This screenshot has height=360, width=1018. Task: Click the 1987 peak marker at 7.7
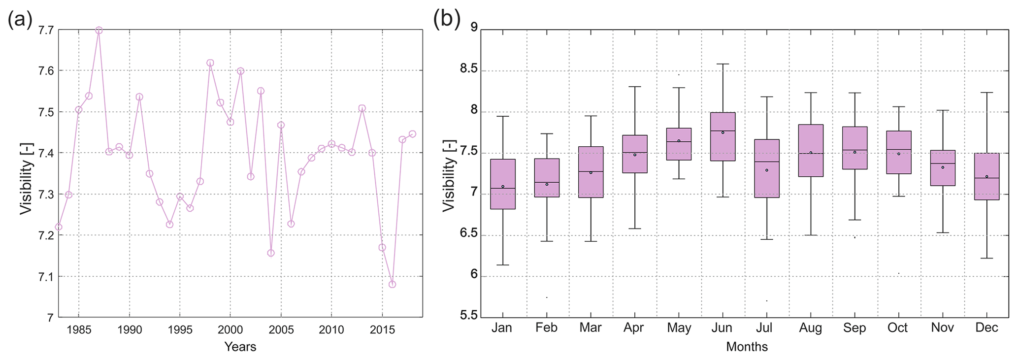click(99, 30)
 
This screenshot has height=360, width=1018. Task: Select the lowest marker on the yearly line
click(392, 284)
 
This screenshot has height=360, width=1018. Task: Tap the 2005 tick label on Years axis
click(281, 329)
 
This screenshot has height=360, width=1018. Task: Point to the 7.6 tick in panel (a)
click(46, 71)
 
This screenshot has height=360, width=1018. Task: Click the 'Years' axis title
click(240, 347)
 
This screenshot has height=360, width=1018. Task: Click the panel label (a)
click(20, 20)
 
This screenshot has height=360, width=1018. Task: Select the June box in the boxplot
click(722, 136)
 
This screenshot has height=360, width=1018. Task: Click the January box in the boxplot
click(503, 184)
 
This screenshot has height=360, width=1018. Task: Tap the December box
click(986, 176)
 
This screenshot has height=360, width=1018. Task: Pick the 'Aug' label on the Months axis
click(811, 328)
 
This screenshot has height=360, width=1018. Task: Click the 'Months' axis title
click(747, 347)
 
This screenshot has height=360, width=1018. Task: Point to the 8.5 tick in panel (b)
click(469, 69)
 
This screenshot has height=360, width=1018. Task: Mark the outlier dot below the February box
click(547, 297)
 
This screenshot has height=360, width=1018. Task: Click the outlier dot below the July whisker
click(767, 301)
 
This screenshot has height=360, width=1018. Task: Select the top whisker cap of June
click(722, 64)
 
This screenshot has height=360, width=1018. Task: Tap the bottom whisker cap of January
click(503, 265)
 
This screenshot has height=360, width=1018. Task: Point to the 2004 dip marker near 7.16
click(271, 253)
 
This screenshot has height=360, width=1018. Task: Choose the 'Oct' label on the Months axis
click(898, 328)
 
